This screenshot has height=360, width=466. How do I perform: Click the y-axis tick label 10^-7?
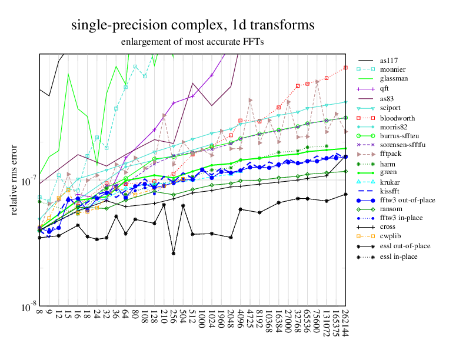point(27,181)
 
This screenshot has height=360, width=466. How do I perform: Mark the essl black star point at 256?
point(174,254)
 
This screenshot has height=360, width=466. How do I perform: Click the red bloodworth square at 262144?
point(345,66)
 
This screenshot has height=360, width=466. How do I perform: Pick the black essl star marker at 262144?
point(345,194)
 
